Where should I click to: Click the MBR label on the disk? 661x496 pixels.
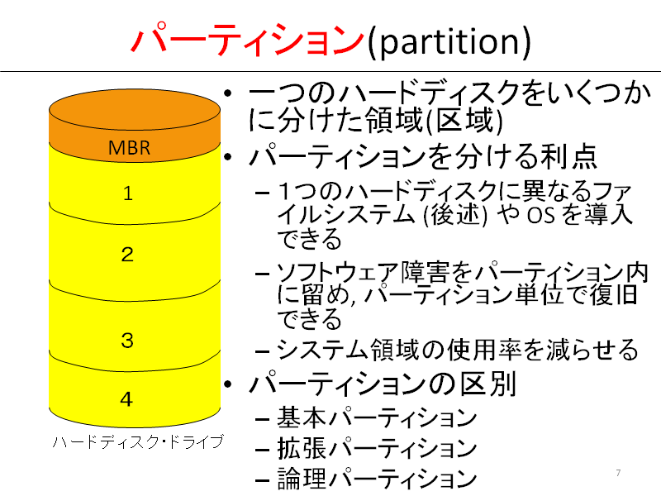(x=129, y=148)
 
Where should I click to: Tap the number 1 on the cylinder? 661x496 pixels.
(x=128, y=193)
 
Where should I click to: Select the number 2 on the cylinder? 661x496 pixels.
(x=127, y=255)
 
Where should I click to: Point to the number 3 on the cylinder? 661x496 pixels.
(x=127, y=341)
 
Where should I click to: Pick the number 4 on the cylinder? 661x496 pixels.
(x=127, y=399)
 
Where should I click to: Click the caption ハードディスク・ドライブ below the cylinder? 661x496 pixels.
(x=138, y=441)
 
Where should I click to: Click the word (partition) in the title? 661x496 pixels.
(x=449, y=41)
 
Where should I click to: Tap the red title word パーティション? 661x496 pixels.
(x=248, y=39)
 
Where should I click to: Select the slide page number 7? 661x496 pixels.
(x=618, y=473)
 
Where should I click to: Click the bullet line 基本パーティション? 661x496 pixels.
(x=377, y=417)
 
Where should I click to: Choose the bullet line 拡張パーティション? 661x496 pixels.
(x=377, y=448)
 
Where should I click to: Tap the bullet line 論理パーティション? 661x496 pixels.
(x=377, y=479)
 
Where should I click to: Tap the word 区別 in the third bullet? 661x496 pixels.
(x=488, y=384)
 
